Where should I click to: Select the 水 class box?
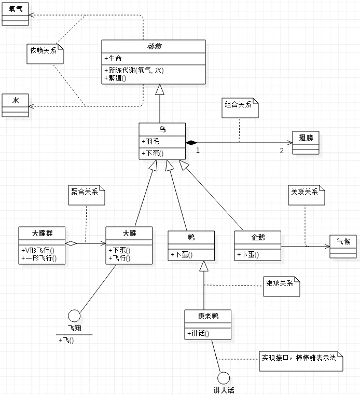(x=15, y=105)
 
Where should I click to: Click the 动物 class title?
(x=154, y=46)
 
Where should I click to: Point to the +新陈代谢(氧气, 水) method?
(x=134, y=70)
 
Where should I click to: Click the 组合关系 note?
(x=240, y=107)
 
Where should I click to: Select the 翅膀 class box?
(x=306, y=142)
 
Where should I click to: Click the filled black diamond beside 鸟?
(x=191, y=142)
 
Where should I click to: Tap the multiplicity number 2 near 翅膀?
(x=282, y=151)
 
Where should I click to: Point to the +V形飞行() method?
(x=39, y=250)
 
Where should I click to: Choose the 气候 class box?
(x=343, y=246)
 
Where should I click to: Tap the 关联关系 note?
(x=307, y=194)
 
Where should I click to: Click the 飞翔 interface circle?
(x=74, y=316)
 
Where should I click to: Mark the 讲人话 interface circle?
(x=224, y=378)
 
